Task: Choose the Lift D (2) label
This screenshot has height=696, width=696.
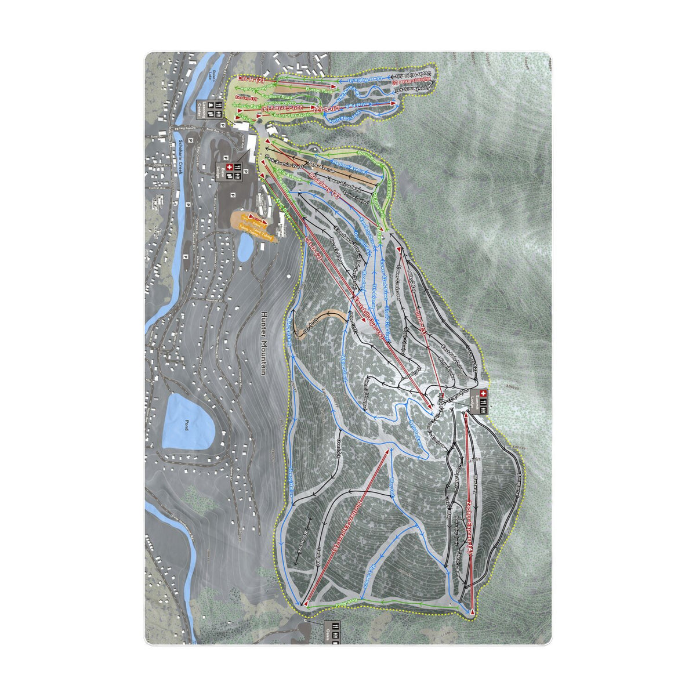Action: tap(313, 248)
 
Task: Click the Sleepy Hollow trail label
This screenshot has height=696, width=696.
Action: tap(292, 481)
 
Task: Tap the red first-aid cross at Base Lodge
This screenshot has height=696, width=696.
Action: tap(229, 168)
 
